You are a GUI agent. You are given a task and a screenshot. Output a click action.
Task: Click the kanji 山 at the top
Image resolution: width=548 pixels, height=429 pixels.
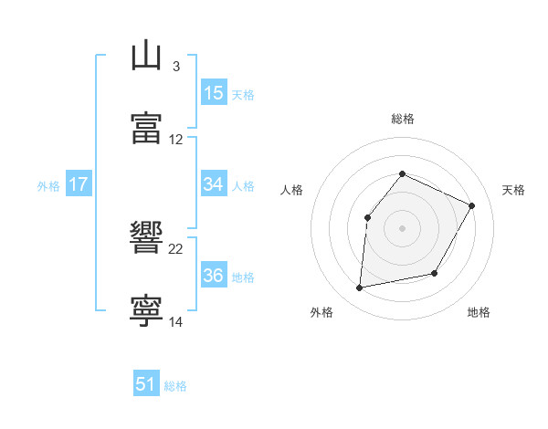(147, 56)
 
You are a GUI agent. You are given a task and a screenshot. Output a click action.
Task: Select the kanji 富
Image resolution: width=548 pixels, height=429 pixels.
(147, 128)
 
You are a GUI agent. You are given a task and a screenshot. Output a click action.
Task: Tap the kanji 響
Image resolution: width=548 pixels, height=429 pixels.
(147, 238)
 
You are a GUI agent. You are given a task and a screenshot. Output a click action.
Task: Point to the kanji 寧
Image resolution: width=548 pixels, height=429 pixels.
(147, 311)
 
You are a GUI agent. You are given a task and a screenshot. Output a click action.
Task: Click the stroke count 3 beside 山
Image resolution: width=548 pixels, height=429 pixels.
(175, 67)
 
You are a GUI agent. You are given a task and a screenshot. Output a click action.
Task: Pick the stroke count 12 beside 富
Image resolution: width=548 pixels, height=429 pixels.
(176, 140)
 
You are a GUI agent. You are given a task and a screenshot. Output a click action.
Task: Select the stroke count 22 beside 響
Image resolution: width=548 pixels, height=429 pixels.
(176, 249)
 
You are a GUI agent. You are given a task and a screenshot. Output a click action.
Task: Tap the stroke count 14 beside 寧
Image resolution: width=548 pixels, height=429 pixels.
(176, 322)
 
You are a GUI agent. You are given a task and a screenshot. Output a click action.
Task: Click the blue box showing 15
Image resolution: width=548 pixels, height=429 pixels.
(214, 93)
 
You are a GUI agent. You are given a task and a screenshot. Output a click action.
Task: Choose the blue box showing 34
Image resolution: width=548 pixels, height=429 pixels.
(214, 184)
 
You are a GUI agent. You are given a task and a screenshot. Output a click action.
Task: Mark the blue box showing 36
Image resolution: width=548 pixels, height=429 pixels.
(214, 276)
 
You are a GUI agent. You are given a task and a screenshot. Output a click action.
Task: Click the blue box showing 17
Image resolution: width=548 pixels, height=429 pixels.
(79, 184)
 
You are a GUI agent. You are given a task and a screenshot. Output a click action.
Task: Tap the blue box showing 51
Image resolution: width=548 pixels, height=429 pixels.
(146, 384)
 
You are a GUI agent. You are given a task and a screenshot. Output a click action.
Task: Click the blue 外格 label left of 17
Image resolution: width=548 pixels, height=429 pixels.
(48, 186)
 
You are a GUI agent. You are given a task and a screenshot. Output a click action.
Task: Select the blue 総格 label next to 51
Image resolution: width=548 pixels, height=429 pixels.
(175, 386)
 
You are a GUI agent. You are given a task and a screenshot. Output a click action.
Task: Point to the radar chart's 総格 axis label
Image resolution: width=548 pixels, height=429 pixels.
(402, 119)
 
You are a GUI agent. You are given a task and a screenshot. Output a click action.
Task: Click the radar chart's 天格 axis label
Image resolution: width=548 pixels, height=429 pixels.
(513, 190)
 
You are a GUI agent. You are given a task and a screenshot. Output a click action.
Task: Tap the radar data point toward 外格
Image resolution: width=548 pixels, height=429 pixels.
(360, 288)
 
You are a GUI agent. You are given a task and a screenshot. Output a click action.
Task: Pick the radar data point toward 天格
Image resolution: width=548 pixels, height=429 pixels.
(472, 205)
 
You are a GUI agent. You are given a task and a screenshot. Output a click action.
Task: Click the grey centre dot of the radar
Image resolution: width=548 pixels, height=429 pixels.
(402, 228)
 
